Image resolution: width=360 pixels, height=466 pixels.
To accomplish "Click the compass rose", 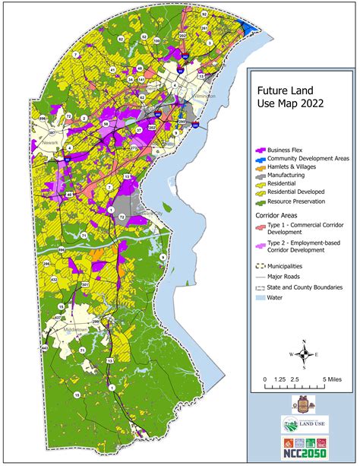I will coord(304,353).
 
